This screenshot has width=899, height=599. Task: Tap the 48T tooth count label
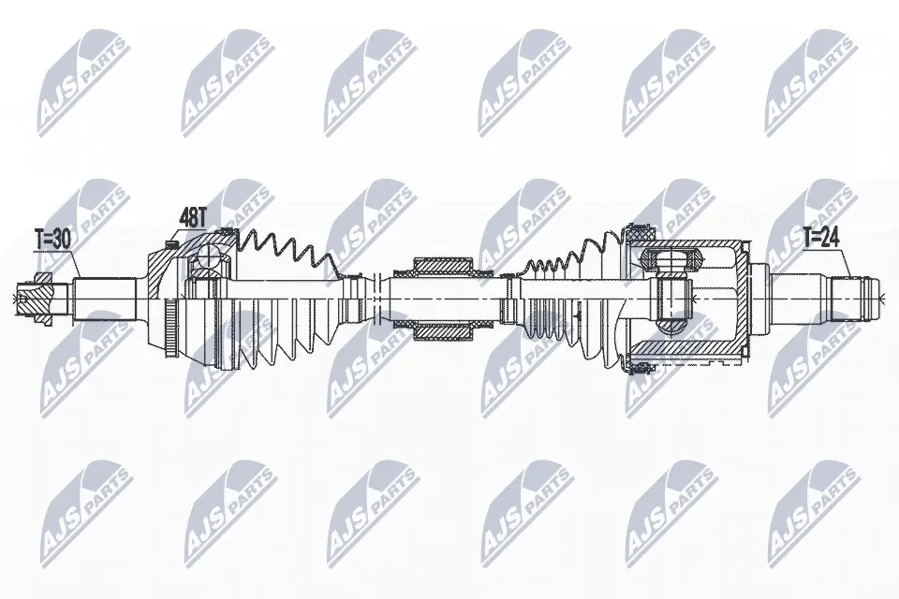(x=193, y=217)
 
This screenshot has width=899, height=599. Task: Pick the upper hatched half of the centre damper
(x=442, y=267)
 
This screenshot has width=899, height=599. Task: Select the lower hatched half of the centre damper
(x=442, y=330)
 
